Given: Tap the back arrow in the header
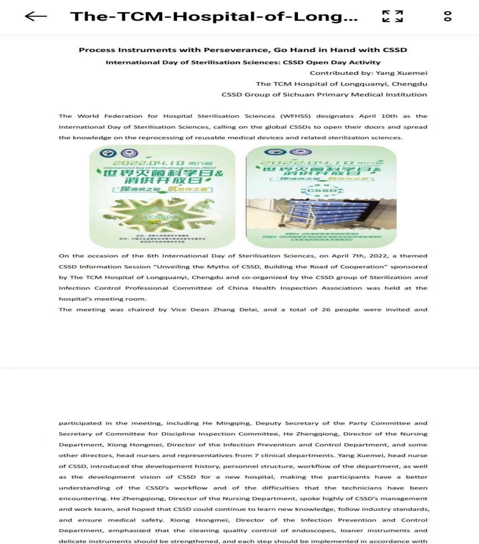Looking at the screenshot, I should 36,16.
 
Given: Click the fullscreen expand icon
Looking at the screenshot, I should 393,16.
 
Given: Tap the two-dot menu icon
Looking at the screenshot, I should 448,16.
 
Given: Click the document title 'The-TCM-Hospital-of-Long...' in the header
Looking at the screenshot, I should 214,16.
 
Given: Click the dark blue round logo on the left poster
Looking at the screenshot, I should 108,153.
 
